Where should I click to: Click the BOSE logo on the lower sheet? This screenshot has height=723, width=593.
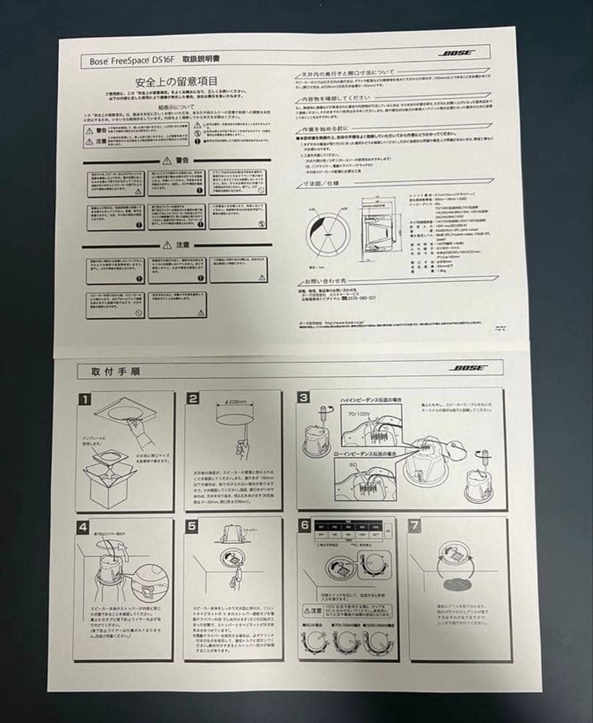tap(468, 368)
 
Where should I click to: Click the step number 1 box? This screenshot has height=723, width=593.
tap(85, 400)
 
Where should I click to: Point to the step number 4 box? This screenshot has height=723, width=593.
tap(83, 527)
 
